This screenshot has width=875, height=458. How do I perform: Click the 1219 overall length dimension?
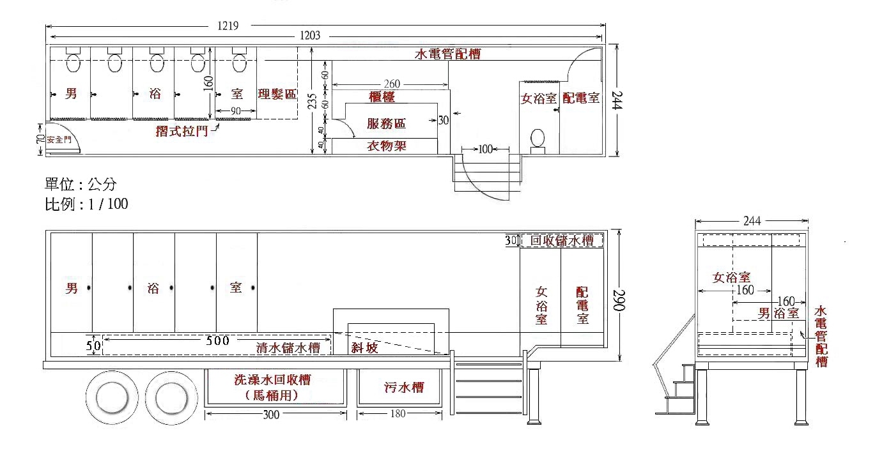coord(228,26)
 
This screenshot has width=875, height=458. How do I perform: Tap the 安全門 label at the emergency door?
coord(59,139)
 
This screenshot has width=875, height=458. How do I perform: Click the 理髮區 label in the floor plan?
coord(277,95)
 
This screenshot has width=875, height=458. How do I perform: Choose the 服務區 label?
coord(386,123)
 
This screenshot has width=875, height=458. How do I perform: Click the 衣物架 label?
coord(387,146)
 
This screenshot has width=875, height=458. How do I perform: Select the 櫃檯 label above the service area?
coord(382,97)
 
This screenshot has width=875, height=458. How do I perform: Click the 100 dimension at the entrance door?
coord(485,149)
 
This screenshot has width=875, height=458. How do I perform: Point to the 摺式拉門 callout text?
coord(182,132)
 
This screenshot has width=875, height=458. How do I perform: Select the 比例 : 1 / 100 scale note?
coord(87,204)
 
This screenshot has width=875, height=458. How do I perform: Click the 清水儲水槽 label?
coord(288,348)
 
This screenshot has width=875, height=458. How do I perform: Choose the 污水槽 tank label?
coord(404,387)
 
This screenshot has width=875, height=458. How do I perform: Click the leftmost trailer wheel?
coord(112,397)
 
